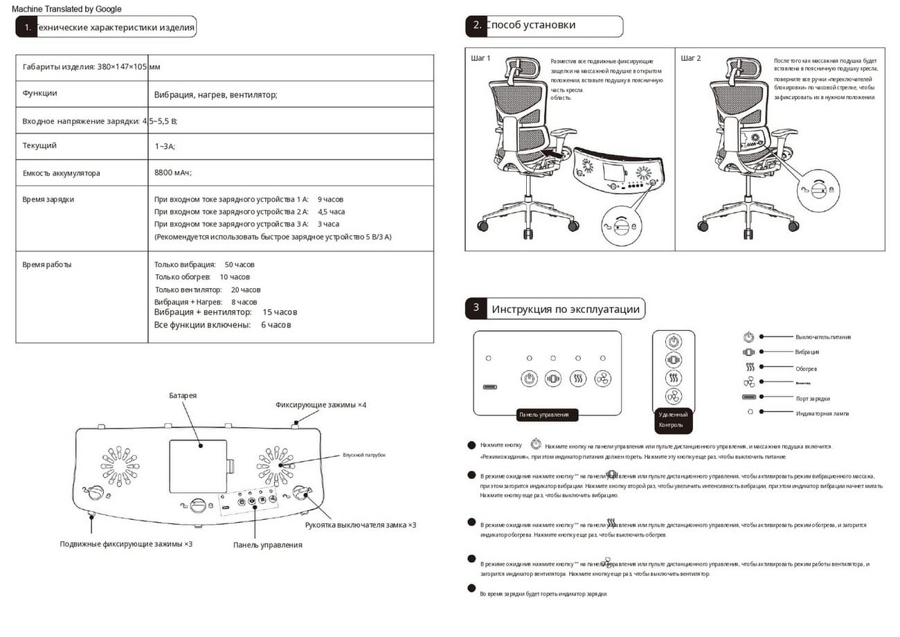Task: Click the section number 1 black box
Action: point(26,28)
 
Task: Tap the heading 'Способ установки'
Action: point(530,26)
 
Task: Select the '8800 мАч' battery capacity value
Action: point(173,172)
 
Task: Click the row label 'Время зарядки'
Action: point(48,199)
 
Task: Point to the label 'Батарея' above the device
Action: point(183,395)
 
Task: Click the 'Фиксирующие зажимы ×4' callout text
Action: point(321,404)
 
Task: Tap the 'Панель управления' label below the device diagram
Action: point(267,545)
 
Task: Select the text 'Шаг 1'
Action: point(480,58)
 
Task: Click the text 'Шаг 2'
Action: point(691,58)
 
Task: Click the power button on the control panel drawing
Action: point(530,379)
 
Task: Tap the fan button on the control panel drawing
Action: point(602,379)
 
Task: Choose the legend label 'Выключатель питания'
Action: point(823,337)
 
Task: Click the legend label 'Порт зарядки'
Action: point(813,398)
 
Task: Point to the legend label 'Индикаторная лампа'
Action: point(822,413)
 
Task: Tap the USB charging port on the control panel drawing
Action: point(489,388)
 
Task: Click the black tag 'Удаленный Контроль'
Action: point(673,420)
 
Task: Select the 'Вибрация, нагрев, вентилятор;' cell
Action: point(215,94)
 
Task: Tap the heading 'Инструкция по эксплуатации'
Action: point(566,309)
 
